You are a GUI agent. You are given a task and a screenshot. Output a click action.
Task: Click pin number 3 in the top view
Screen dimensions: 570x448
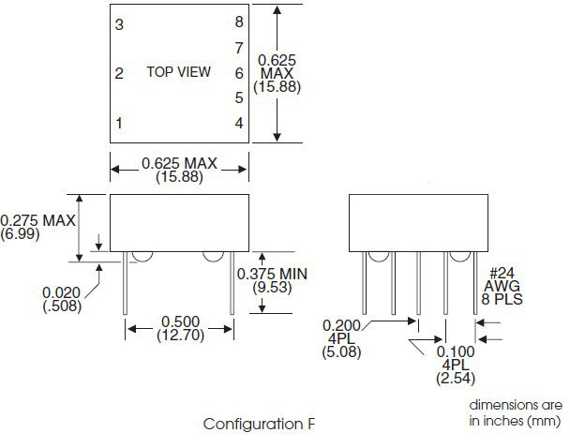(x=119, y=24)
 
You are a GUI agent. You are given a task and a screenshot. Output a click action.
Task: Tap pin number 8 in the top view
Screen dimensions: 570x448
(x=239, y=22)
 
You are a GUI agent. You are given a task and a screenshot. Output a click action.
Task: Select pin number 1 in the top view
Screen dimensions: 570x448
(x=119, y=123)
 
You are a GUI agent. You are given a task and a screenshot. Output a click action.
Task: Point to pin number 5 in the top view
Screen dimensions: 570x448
(x=239, y=97)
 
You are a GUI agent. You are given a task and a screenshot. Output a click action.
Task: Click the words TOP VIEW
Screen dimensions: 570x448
(x=178, y=72)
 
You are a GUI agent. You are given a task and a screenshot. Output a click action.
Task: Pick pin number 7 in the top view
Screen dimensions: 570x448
(x=239, y=48)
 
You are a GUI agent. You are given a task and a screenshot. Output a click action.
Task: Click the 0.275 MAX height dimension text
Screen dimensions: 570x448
(x=37, y=220)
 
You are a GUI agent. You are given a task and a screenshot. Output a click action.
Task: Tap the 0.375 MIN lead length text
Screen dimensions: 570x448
(x=272, y=274)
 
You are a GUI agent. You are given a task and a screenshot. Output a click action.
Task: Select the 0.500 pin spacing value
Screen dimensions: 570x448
(x=180, y=321)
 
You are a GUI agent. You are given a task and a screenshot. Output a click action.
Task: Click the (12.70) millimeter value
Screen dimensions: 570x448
(x=180, y=335)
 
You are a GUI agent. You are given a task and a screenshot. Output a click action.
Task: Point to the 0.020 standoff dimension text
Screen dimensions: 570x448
(x=62, y=292)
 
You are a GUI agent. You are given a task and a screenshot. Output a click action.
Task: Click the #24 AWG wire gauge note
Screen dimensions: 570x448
(x=502, y=280)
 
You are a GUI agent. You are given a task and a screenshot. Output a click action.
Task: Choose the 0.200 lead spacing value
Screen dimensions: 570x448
(x=341, y=325)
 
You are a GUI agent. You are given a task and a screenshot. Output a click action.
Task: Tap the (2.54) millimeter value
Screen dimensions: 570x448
(x=456, y=379)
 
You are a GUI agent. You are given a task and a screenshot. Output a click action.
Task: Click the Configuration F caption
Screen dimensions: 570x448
(x=258, y=424)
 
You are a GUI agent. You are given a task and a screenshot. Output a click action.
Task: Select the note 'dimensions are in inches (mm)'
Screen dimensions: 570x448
(x=516, y=412)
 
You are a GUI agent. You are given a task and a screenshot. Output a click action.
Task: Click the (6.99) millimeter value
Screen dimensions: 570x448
(x=20, y=233)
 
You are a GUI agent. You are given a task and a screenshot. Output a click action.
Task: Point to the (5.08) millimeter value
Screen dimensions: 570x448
(x=341, y=352)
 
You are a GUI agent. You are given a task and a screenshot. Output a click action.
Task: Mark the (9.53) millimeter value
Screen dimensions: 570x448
(x=272, y=287)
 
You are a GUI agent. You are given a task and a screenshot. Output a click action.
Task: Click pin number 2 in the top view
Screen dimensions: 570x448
(x=119, y=74)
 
